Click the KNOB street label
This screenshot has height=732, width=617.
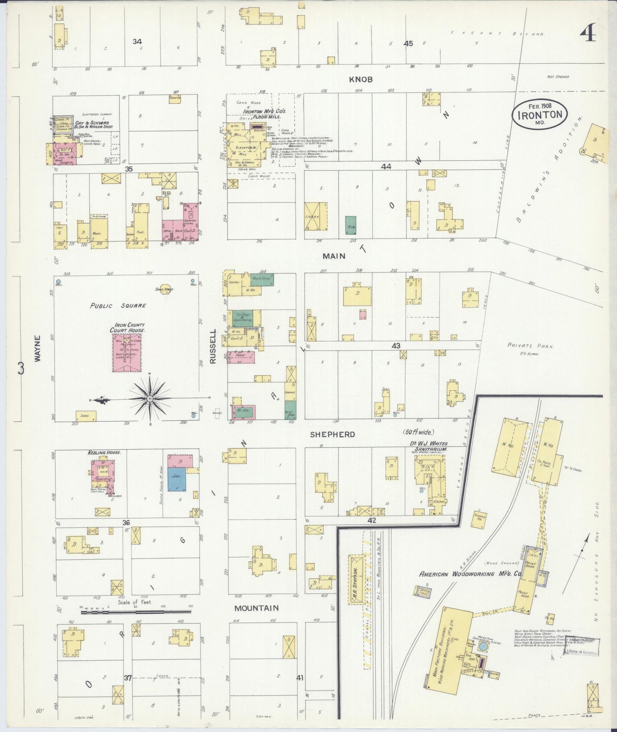click(361, 79)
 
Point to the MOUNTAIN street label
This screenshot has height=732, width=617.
click(256, 608)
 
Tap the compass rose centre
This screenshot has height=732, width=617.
click(150, 398)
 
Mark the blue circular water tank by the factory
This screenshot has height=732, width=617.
click(483, 647)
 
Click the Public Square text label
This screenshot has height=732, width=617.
click(118, 306)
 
